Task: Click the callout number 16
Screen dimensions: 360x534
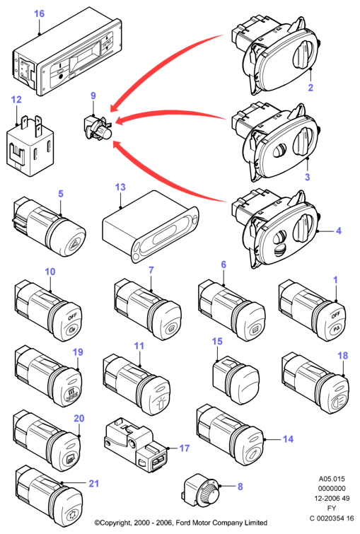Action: [39, 13]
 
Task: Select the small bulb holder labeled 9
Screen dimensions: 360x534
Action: [98, 128]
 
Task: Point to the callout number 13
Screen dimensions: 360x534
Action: [120, 187]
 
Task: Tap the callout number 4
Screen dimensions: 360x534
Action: [339, 231]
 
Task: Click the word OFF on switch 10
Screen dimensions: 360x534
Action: [72, 316]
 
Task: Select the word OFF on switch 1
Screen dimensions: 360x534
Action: [336, 315]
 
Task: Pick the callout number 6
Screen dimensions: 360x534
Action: [223, 265]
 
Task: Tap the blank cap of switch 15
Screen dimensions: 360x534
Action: [246, 384]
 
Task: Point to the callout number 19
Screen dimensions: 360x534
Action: [78, 352]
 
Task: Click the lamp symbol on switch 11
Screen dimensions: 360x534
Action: [159, 403]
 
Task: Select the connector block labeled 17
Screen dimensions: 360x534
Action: [135, 444]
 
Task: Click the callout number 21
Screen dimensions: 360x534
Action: [94, 484]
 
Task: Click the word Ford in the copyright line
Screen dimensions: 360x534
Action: [183, 523]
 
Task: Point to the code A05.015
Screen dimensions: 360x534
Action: [332, 479]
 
